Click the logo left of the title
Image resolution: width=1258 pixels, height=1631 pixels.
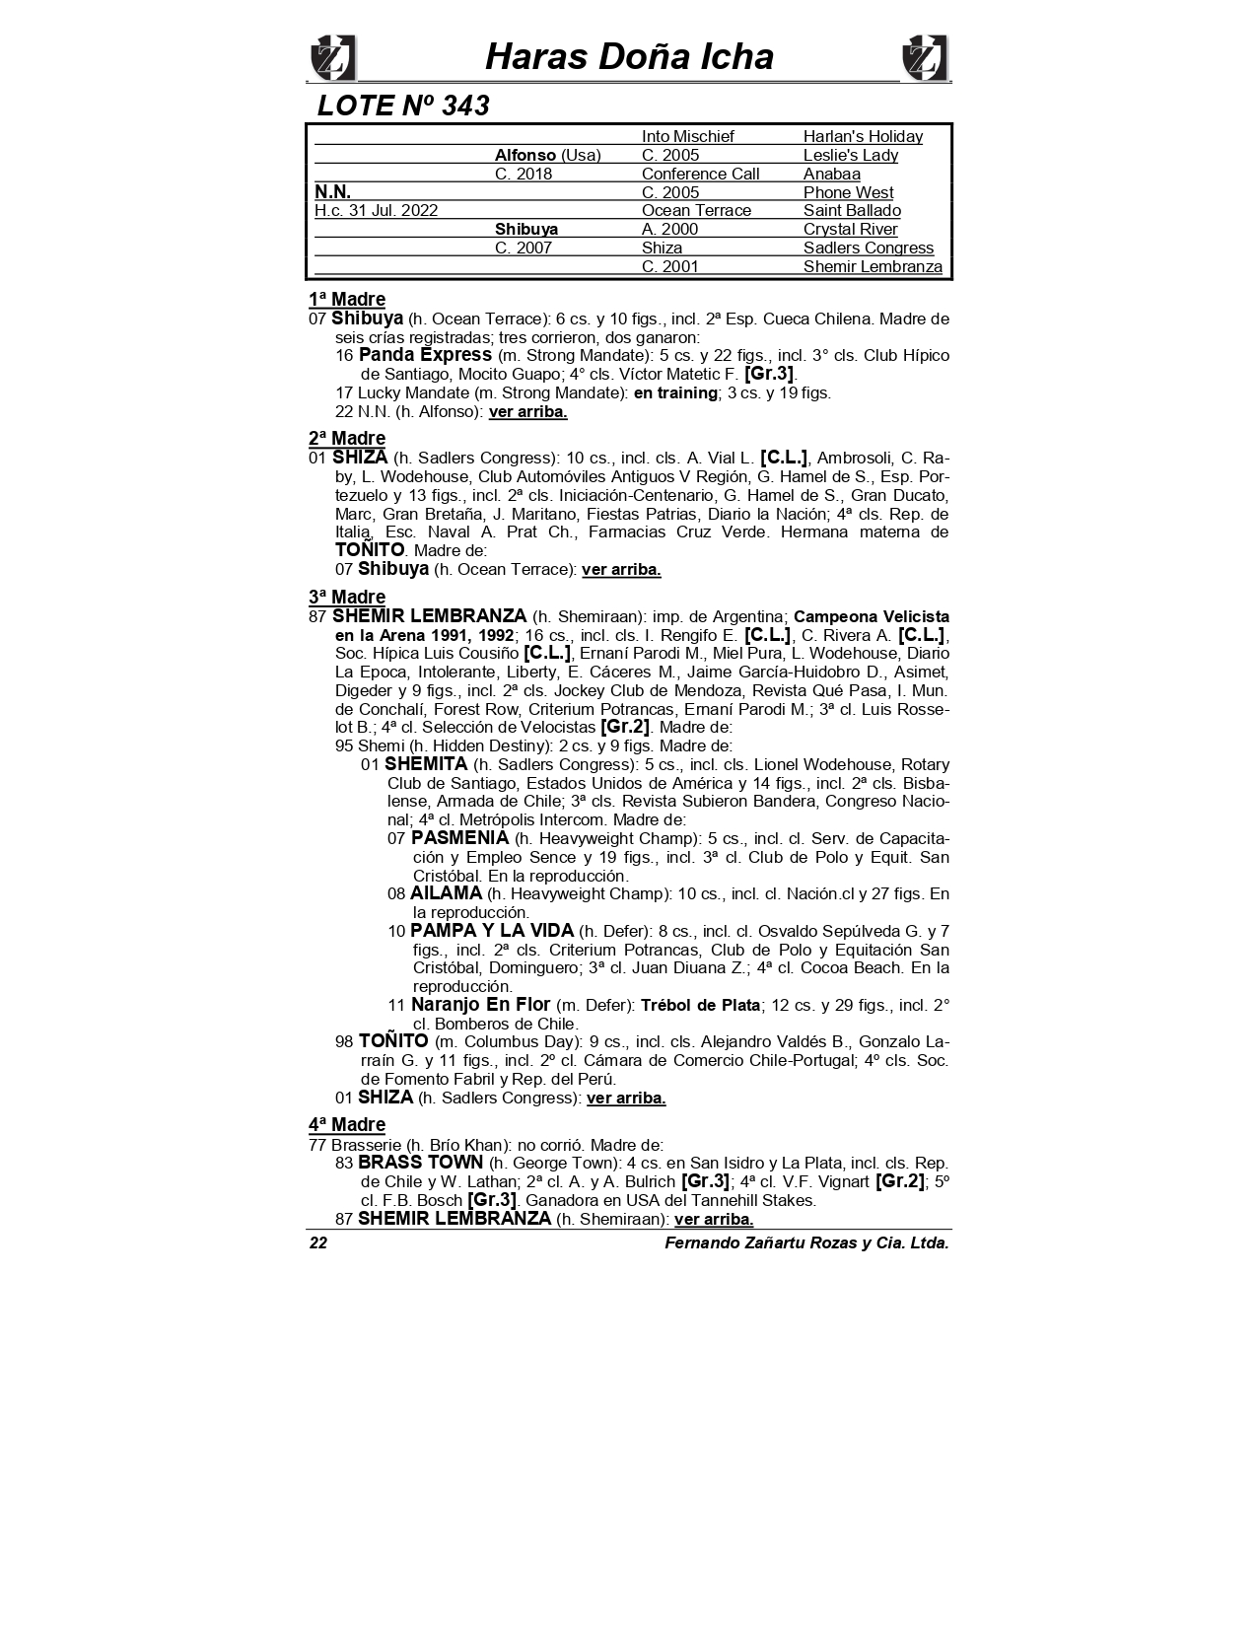click(x=332, y=58)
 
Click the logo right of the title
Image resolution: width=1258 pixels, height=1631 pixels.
click(x=925, y=58)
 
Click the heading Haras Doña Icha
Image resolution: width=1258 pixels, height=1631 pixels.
click(x=629, y=56)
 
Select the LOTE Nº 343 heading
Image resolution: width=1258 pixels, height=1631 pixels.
click(x=403, y=106)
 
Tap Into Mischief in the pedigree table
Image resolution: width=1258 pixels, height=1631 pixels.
click(x=687, y=136)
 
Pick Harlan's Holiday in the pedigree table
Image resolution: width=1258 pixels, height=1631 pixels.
click(x=863, y=136)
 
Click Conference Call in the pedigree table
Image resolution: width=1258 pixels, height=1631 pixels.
click(x=700, y=174)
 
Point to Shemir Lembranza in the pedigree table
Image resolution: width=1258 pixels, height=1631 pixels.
click(x=873, y=266)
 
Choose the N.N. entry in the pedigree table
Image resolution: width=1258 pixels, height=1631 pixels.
click(x=332, y=191)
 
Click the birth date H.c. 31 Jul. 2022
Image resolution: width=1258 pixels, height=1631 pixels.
click(x=376, y=210)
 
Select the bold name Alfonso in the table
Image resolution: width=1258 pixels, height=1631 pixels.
click(x=525, y=155)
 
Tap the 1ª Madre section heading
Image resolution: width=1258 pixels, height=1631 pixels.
click(x=347, y=299)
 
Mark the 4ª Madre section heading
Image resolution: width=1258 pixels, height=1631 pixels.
click(x=347, y=1124)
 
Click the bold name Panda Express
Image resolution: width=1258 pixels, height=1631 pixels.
click(x=425, y=354)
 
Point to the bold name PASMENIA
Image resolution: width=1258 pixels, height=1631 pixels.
click(x=459, y=837)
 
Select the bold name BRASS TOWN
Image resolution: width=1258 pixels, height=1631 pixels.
click(x=420, y=1162)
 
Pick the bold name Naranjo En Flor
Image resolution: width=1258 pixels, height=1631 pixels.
click(x=480, y=1004)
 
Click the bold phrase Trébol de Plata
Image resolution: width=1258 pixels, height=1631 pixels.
click(x=700, y=1005)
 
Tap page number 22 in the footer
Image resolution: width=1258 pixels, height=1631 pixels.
click(x=318, y=1242)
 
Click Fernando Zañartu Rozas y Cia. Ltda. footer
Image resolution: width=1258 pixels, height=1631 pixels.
click(x=806, y=1242)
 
